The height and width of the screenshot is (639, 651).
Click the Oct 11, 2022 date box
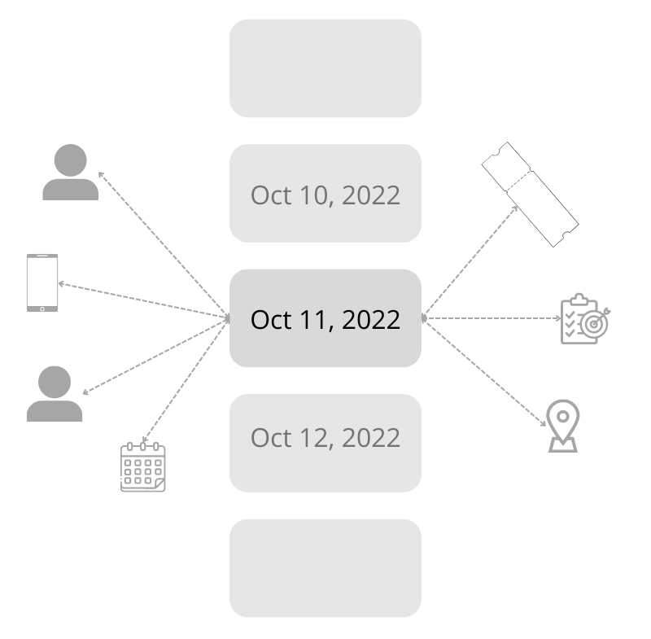pyautogui.click(x=325, y=318)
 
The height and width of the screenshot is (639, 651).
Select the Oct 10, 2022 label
pyautogui.click(x=325, y=195)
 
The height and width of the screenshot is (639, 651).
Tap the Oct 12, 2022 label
pyautogui.click(x=325, y=438)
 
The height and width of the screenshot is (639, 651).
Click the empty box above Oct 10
pyautogui.click(x=325, y=68)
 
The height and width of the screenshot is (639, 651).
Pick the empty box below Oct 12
pyautogui.click(x=325, y=568)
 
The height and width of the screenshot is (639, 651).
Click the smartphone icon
pyautogui.click(x=42, y=282)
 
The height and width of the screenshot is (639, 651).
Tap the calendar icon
pyautogui.click(x=143, y=467)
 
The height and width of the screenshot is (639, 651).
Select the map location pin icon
pyautogui.click(x=563, y=426)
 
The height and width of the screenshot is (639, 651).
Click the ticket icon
pyautogui.click(x=531, y=195)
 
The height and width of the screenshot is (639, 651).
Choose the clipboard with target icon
pyautogui.click(x=585, y=319)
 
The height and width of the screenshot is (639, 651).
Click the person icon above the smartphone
pyautogui.click(x=71, y=173)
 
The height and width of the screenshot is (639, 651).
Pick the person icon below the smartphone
pyautogui.click(x=55, y=394)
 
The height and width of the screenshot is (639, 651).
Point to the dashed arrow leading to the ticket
pyautogui.click(x=470, y=261)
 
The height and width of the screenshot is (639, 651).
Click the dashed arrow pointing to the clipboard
pyautogui.click(x=492, y=318)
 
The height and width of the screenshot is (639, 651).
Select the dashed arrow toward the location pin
pyautogui.click(x=484, y=372)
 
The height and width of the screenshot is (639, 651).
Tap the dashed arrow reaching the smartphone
pyautogui.click(x=144, y=300)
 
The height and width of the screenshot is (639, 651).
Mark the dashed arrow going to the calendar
pyautogui.click(x=186, y=380)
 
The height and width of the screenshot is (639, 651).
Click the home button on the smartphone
pyautogui.click(x=42, y=309)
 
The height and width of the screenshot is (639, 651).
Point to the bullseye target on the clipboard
pyautogui.click(x=595, y=324)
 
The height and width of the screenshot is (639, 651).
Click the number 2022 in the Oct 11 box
pyautogui.click(x=371, y=320)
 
